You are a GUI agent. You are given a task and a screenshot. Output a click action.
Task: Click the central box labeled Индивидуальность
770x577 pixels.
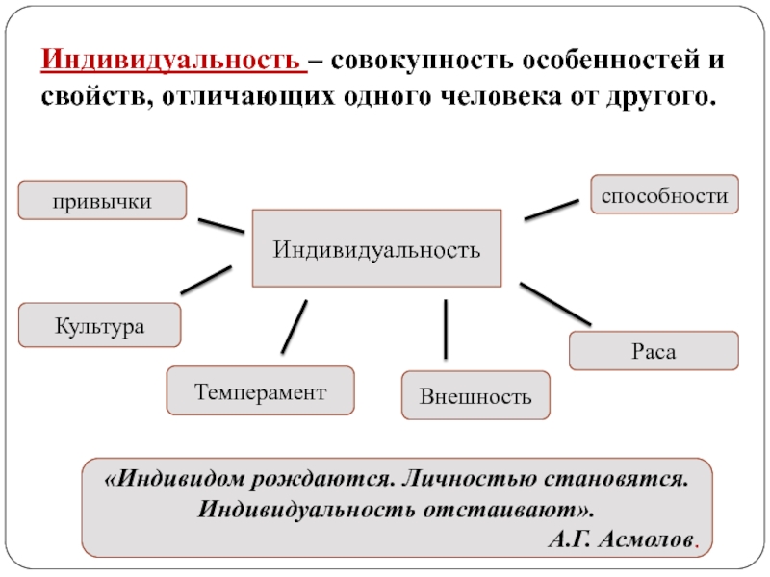[376, 249]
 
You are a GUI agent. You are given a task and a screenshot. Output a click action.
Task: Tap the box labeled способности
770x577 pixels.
[664, 194]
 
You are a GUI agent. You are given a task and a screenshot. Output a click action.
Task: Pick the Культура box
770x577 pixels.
[100, 325]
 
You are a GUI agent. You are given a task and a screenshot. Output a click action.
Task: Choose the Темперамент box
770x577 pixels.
[260, 390]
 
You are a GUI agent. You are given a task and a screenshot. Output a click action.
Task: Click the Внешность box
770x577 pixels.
[475, 395]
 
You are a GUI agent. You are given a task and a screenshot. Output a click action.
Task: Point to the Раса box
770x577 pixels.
[654, 351]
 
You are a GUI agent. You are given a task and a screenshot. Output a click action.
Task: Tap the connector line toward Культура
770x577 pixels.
[206, 279]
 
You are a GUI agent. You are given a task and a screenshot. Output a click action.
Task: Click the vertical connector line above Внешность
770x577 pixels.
[446, 328]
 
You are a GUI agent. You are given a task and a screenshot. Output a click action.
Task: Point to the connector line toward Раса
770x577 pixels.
[555, 302]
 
